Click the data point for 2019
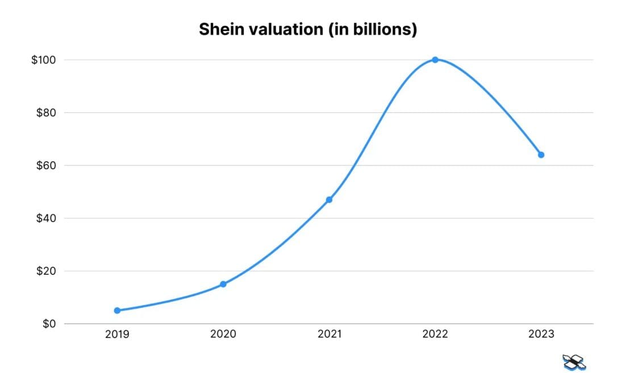(x=117, y=311)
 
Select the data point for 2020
(x=223, y=284)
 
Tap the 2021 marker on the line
(x=329, y=200)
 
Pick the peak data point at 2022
(x=435, y=60)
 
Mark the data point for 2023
(x=541, y=155)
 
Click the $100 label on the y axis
(x=43, y=60)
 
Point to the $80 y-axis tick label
(x=45, y=113)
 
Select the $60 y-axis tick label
(x=45, y=166)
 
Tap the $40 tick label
(x=45, y=219)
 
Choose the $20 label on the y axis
(x=45, y=272)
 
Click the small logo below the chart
(x=574, y=362)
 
